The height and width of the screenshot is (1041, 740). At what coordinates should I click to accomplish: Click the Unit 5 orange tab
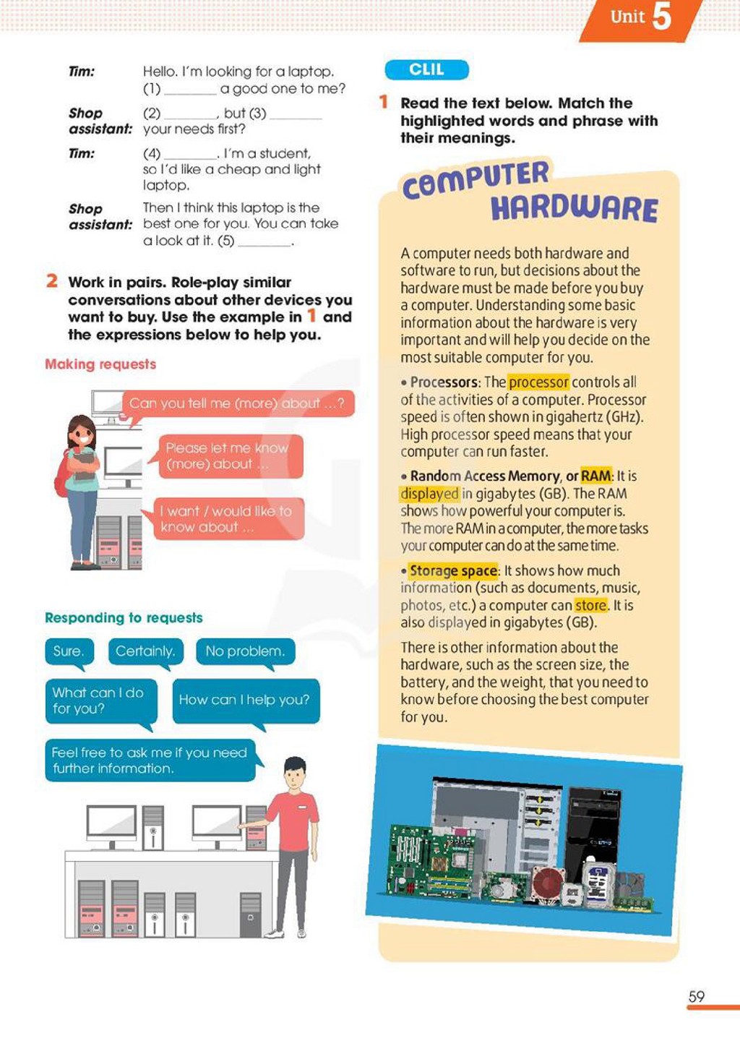pos(641,20)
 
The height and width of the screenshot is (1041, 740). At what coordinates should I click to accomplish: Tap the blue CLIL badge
pos(426,69)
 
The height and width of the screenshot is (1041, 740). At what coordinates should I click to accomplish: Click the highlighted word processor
pos(538,382)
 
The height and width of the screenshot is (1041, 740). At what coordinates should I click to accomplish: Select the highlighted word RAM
pos(596,476)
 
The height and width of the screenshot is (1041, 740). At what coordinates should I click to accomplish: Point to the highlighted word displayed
pos(430,494)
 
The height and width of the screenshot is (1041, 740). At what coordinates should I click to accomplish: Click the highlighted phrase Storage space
pos(453,570)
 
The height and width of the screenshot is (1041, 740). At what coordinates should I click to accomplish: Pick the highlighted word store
pos(590,605)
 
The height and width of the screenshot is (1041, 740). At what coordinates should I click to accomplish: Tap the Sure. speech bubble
pos(69,651)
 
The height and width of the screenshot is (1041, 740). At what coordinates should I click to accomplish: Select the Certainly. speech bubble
pos(146,651)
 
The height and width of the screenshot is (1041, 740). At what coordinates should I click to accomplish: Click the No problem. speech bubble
pos(245,651)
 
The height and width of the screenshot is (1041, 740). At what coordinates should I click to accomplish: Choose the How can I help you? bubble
pos(246,701)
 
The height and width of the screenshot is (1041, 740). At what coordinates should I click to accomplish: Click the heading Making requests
pos(100,364)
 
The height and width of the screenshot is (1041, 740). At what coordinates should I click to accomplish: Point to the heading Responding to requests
pos(124,617)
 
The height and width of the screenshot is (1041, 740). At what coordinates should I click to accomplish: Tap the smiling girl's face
pos(82,436)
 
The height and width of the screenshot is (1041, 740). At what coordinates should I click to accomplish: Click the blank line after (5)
pos(264,244)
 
